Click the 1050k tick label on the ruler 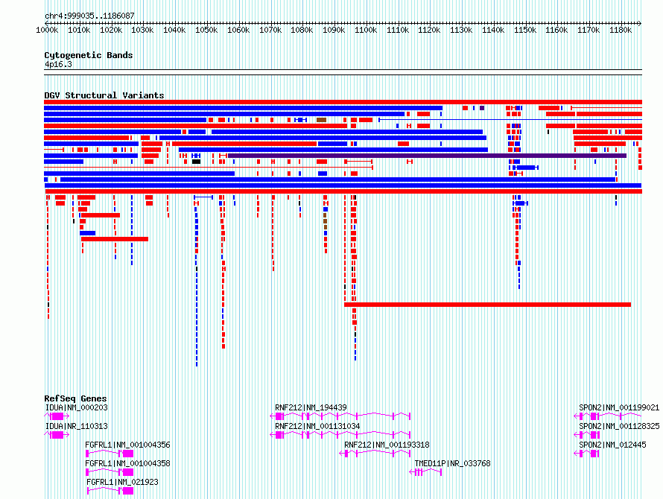(x=206, y=30)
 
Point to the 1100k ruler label (x=366, y=30)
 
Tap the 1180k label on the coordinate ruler (x=621, y=30)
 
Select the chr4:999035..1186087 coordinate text (x=89, y=16)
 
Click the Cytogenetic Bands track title (x=89, y=55)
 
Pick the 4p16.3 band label (x=58, y=64)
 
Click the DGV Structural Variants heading (x=104, y=95)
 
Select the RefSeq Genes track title (x=75, y=398)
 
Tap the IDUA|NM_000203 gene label (x=77, y=407)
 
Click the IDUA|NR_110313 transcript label (x=77, y=426)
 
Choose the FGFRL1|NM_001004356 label (x=127, y=445)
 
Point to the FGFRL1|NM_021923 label (x=122, y=482)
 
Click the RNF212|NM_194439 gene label (x=311, y=407)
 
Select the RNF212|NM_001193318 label (x=387, y=445)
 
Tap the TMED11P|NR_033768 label (x=452, y=463)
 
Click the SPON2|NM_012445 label (x=612, y=445)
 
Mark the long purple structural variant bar (x=427, y=156)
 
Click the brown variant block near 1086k (x=321, y=120)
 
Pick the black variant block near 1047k (x=196, y=162)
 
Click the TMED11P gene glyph (x=426, y=472)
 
